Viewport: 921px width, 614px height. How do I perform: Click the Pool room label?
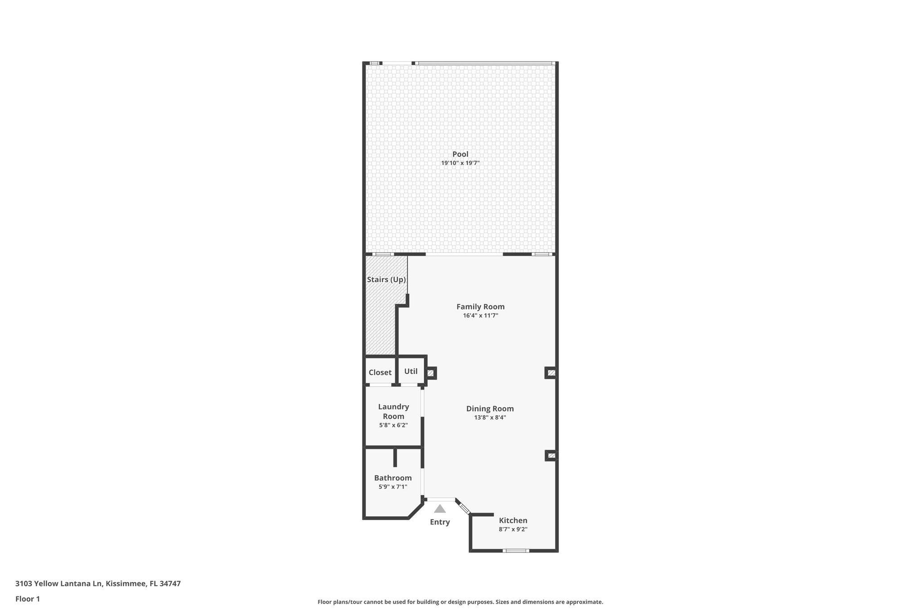(x=460, y=154)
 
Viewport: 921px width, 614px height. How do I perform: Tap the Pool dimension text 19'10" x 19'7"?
(x=460, y=163)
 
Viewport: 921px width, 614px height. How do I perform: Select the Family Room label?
(x=480, y=307)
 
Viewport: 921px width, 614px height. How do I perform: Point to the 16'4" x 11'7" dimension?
(x=480, y=316)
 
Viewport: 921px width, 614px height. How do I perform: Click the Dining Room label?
(x=490, y=409)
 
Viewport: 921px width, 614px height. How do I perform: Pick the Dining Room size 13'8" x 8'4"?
(x=490, y=417)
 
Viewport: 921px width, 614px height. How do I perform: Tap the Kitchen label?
(x=513, y=520)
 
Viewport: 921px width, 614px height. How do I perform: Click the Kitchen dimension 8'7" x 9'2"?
(x=513, y=529)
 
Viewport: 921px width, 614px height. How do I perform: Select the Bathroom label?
(x=393, y=478)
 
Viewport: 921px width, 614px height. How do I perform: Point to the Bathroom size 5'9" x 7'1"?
(x=393, y=487)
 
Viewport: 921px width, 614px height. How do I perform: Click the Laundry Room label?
(x=393, y=412)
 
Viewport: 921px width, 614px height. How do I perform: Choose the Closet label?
(x=380, y=372)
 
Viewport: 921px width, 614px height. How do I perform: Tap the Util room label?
(x=411, y=372)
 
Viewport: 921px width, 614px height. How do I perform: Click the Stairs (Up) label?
(x=386, y=280)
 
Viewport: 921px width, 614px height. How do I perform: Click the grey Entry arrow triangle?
(x=440, y=509)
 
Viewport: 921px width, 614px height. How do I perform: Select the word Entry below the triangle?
(x=440, y=522)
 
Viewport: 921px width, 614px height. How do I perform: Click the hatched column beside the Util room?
(x=431, y=373)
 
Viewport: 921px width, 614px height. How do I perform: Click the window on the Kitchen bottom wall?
(x=515, y=551)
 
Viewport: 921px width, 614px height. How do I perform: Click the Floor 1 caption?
(x=27, y=599)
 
